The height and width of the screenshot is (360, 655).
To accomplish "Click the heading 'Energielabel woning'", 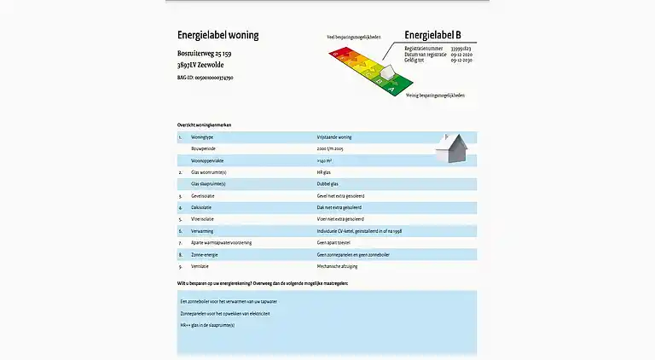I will coord(217,36).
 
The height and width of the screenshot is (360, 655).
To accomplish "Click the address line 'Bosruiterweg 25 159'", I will coord(204,54).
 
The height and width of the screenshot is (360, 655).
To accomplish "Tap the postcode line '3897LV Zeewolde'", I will coord(200,65).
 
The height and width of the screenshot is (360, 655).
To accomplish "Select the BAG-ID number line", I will coord(205,78).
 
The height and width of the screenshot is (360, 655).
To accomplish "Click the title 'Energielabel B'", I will coord(432,35).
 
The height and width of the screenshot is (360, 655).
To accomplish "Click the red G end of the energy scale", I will coord(338,53).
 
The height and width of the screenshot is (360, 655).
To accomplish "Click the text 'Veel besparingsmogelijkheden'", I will coord(355,38).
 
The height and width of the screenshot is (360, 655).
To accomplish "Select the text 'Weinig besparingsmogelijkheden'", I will coord(435,95).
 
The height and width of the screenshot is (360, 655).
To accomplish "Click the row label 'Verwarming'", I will coord(202,230).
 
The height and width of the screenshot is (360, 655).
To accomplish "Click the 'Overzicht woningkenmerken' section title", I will coord(204,125).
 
